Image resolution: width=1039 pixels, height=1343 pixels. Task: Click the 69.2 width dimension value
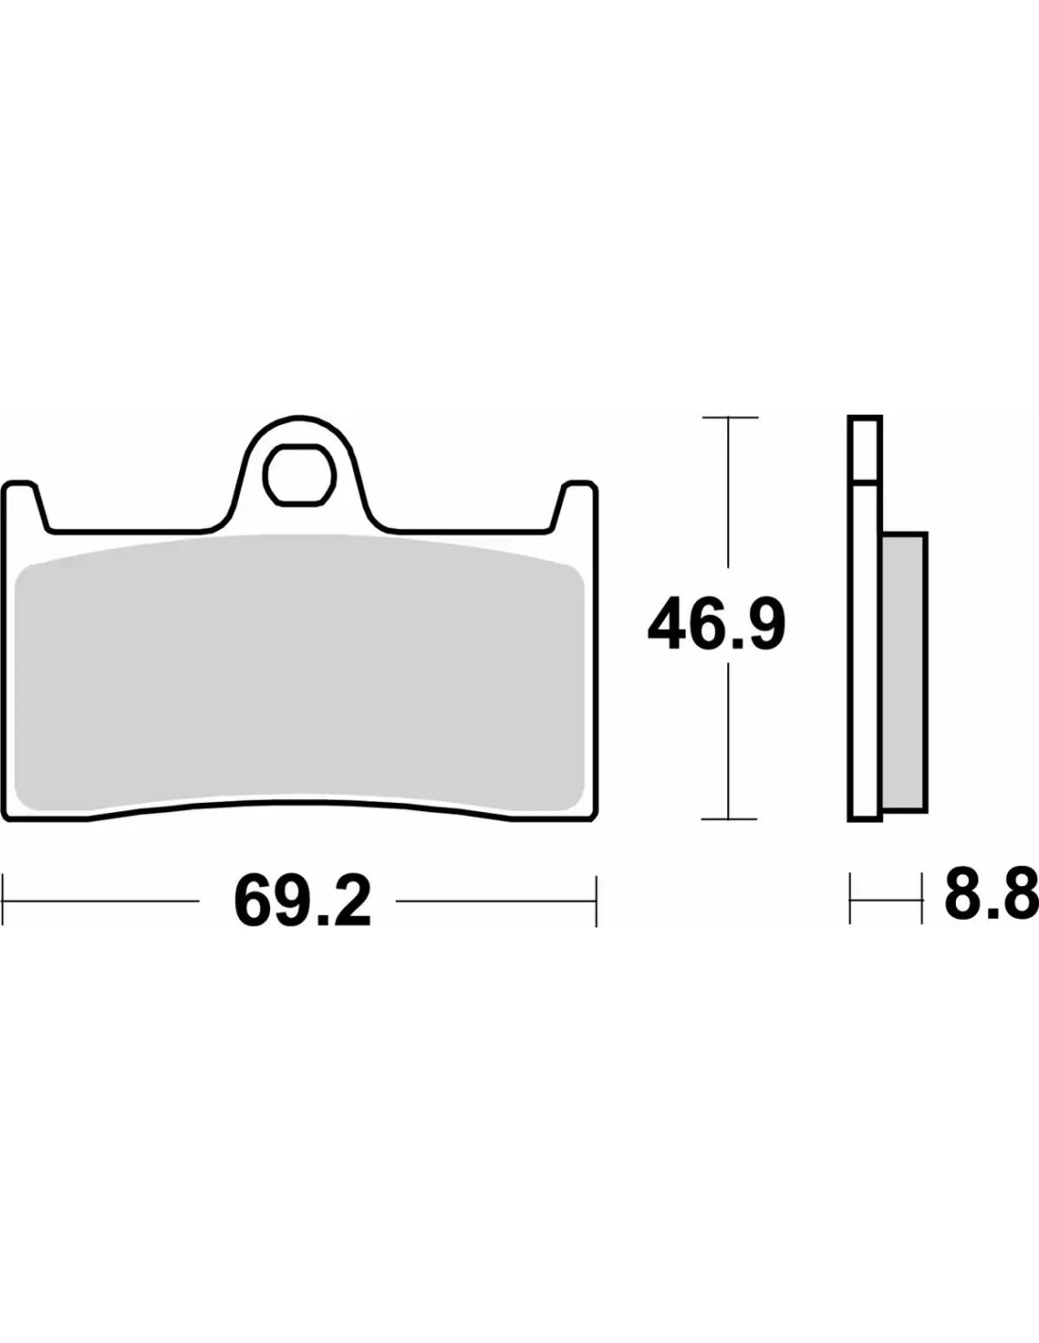(x=303, y=901)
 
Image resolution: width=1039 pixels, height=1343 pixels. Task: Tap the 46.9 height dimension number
(x=716, y=623)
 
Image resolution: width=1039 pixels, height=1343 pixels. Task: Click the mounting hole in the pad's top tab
(x=299, y=475)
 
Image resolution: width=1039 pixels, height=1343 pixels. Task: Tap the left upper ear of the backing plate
(x=25, y=505)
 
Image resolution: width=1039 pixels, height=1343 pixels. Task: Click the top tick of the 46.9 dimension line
(x=730, y=417)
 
